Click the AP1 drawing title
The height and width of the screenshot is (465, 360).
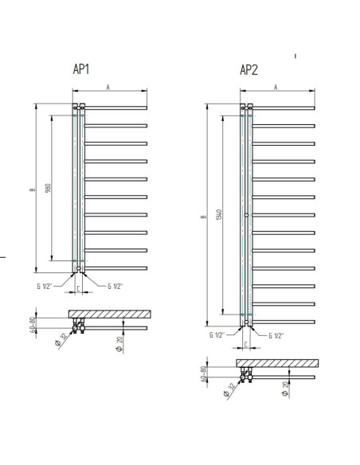point(81,69)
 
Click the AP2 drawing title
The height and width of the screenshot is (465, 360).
point(248,70)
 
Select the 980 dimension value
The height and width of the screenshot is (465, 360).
point(48,188)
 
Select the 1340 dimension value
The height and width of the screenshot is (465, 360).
point(219,214)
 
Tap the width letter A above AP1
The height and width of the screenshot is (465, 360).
point(108,87)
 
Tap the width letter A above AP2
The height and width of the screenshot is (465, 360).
point(276,88)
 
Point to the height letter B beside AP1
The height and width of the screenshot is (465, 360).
point(33,190)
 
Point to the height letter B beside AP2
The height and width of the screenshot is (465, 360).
point(203,217)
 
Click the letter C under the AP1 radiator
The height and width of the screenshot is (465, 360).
point(78,288)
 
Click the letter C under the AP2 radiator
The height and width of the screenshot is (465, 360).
point(246,344)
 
